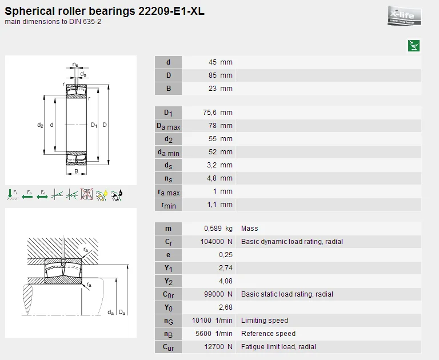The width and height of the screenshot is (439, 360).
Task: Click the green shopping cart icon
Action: (414, 46)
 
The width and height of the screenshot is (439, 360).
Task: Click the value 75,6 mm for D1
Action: (218, 113)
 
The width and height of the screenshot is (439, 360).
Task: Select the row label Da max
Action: (168, 126)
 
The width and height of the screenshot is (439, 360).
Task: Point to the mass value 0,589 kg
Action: (218, 229)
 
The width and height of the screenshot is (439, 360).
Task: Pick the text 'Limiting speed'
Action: (264, 321)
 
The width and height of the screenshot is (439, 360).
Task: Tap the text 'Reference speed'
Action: (268, 334)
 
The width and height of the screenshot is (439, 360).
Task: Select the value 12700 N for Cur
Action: (217, 347)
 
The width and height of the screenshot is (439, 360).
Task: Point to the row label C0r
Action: (168, 294)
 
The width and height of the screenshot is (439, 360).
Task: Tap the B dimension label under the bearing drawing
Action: (76, 171)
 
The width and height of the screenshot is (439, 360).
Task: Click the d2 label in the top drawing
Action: (40, 125)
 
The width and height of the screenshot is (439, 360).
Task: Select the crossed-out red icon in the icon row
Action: (87, 194)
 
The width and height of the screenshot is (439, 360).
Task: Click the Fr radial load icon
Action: (12, 194)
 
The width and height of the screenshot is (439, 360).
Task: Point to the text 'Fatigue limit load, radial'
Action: (278, 347)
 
